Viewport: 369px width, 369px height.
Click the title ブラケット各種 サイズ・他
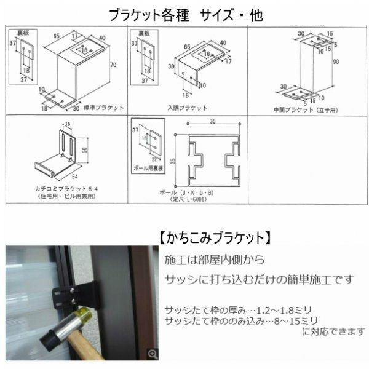(184, 14)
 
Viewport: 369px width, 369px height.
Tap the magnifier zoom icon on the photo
(153, 353)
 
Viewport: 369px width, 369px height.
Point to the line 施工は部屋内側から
(216, 261)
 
